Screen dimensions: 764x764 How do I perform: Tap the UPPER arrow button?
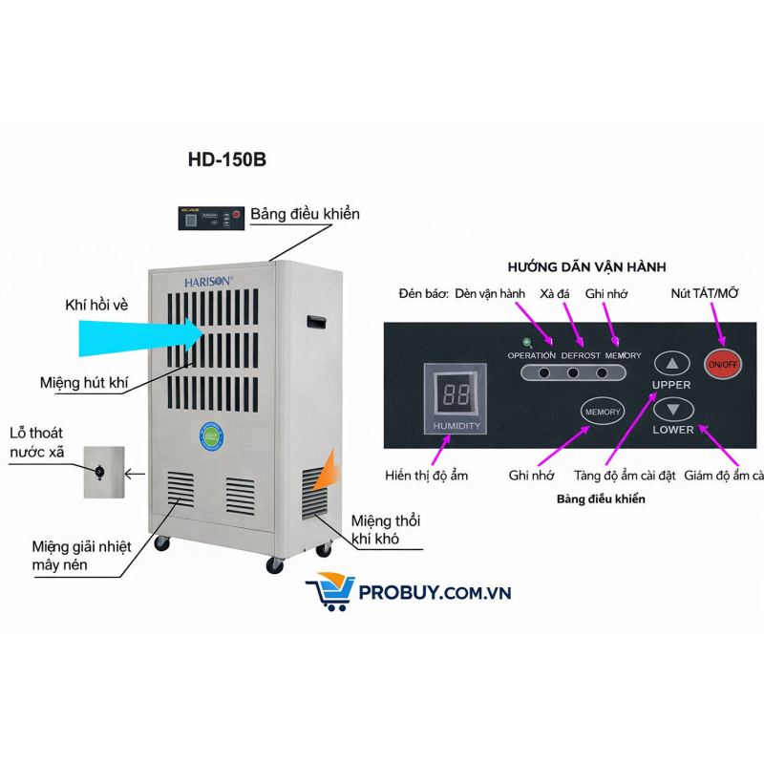675,364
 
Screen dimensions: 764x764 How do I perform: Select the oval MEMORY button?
603,412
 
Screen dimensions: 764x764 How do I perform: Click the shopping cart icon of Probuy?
328,593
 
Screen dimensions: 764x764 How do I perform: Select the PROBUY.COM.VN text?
435,593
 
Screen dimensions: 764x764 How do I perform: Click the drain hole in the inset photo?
98,470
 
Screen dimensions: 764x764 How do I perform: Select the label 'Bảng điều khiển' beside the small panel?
306,214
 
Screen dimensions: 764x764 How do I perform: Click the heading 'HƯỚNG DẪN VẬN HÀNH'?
586,266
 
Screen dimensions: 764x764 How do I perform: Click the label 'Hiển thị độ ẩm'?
427,475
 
